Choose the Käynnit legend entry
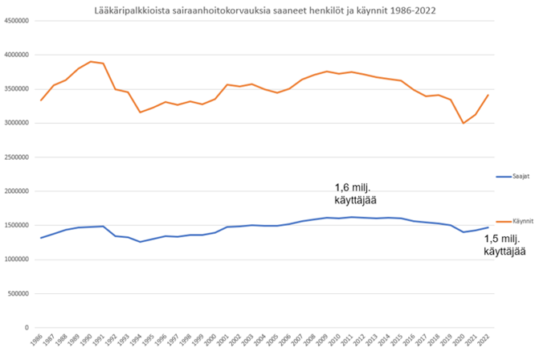click(512, 219)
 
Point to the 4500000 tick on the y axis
click(16, 21)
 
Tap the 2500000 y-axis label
click(16, 157)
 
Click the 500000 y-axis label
click(18, 293)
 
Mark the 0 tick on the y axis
click(27, 328)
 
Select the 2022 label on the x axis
click(487, 341)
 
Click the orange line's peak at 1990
click(91, 61)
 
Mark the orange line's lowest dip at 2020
click(463, 123)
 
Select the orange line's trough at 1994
click(141, 112)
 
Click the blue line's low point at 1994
click(141, 242)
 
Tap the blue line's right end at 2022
click(488, 227)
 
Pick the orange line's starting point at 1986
click(41, 100)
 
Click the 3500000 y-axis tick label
click(16, 89)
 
